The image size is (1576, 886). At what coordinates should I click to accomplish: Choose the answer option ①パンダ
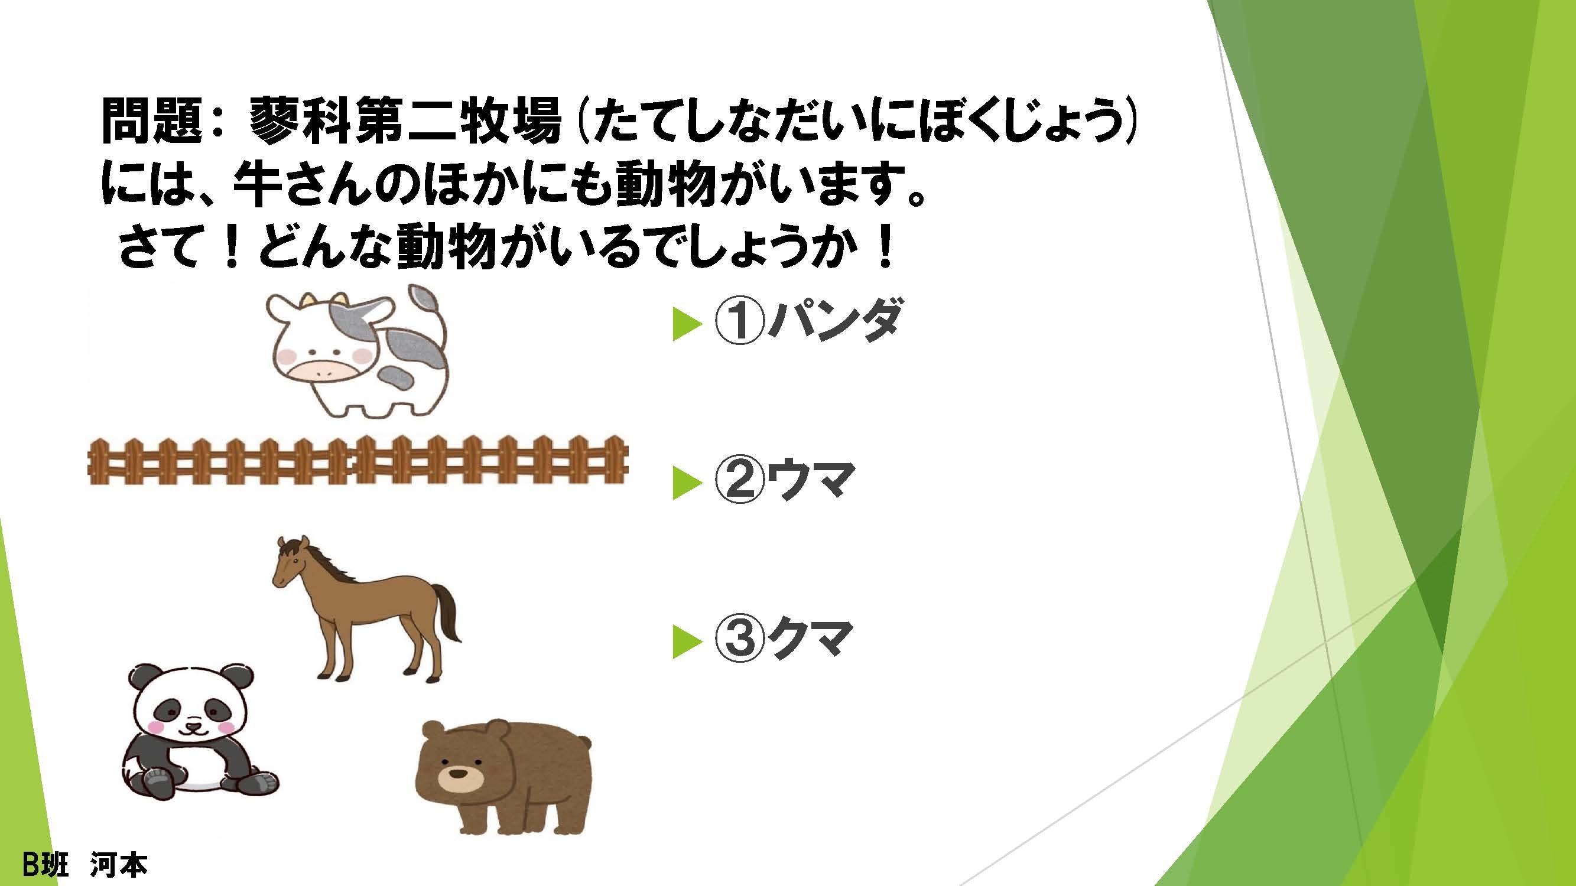coord(806,322)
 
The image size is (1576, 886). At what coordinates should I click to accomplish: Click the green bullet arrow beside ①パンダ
coord(686,324)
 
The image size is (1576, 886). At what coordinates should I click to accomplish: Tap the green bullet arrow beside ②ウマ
coord(686,484)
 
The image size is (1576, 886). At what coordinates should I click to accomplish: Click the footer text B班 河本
coord(85,864)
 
